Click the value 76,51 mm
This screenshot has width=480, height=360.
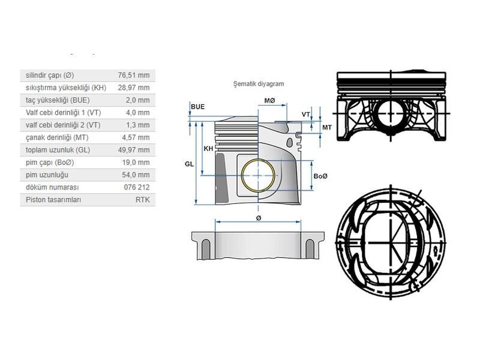134,76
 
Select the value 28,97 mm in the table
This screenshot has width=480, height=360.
134,88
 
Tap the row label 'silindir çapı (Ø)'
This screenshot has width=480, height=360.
50,76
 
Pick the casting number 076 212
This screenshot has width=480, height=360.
137,187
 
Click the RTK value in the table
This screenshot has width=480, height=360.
143,200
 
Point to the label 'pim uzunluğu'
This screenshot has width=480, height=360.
47,175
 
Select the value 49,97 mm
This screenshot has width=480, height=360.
134,150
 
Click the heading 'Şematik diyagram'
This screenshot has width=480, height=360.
259,84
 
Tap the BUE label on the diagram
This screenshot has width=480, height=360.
198,107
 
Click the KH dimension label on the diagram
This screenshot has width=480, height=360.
208,149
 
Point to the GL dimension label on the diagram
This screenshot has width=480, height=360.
189,164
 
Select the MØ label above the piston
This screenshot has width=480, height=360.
269,101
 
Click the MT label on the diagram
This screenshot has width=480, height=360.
327,127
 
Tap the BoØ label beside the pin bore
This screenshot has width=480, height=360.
320,176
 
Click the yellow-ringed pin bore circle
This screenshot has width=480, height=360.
259,175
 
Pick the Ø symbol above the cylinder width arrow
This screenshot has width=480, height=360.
259,218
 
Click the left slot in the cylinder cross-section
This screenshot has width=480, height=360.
206,248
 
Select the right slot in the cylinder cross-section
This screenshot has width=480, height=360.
310,248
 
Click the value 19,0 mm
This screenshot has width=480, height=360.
136,163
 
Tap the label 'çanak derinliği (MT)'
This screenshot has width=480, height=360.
57,138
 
